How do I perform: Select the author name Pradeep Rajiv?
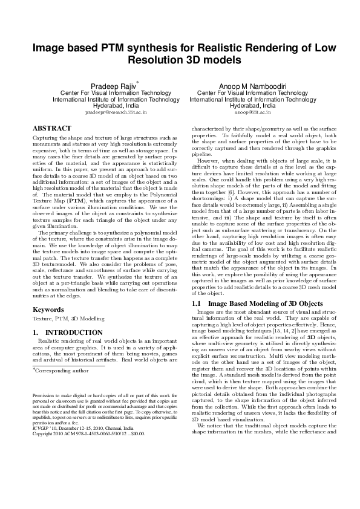pyautogui.click(x=116, y=86)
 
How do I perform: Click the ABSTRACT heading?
pyautogui.click(x=51, y=129)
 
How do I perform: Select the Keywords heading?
pyautogui.click(x=48, y=309)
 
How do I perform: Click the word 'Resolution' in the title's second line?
pyautogui.click(x=157, y=60)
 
